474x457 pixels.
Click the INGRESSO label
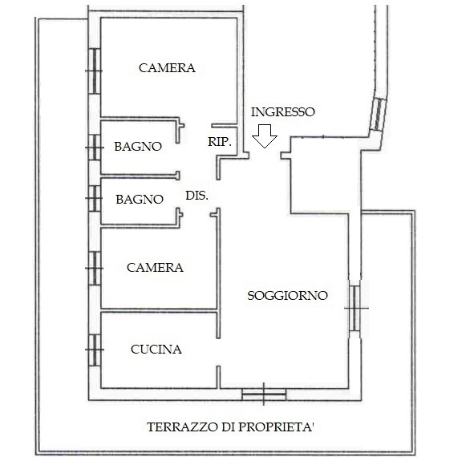[x=283, y=112]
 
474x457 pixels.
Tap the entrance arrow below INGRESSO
[x=265, y=136]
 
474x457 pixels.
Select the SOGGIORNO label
[x=287, y=296]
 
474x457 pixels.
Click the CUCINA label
[x=156, y=350]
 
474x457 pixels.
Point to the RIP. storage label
[x=220, y=141]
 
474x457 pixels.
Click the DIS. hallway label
[x=196, y=196]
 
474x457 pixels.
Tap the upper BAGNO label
[x=138, y=147]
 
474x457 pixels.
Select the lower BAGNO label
[x=140, y=200]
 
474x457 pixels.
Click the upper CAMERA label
[x=167, y=67]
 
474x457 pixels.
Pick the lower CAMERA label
[x=155, y=268]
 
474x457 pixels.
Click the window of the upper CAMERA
[x=95, y=71]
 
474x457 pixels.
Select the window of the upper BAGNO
[x=95, y=148]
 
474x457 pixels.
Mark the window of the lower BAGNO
[x=95, y=198]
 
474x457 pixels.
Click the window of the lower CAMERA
[x=95, y=269]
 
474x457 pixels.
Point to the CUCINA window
[x=95, y=350]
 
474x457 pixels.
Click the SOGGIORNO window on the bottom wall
[x=264, y=394]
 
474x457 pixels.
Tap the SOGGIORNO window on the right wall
[x=354, y=309]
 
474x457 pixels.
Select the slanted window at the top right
[x=379, y=114]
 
